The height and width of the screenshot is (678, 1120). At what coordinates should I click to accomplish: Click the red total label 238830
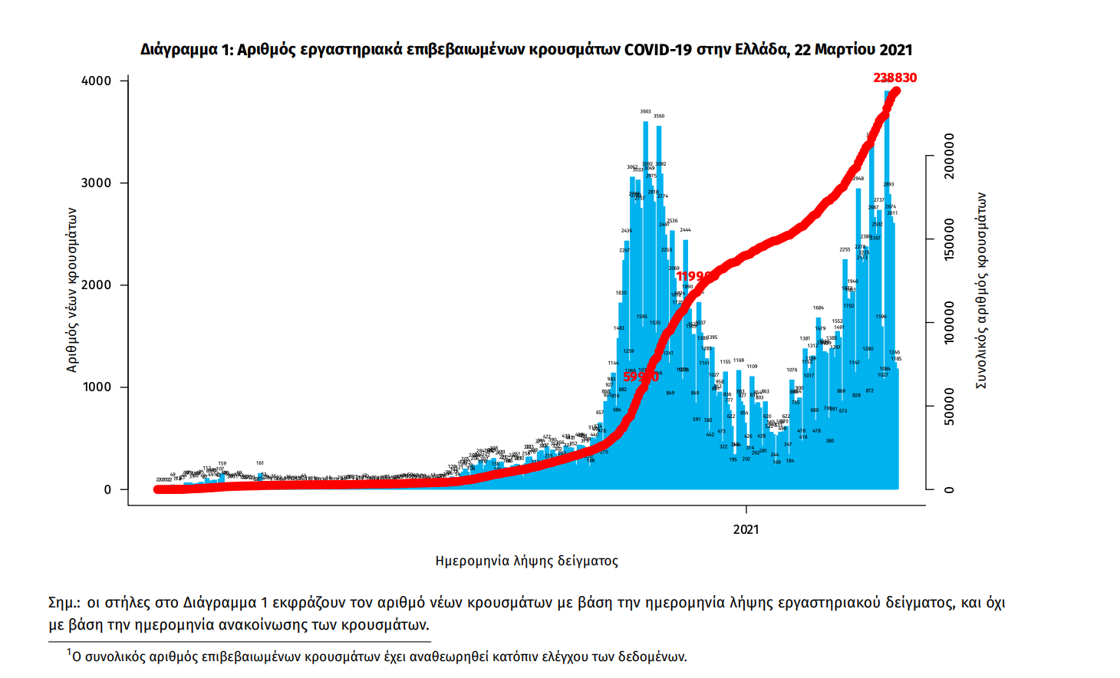[x=894, y=77]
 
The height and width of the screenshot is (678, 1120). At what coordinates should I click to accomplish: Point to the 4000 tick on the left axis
[x=97, y=81]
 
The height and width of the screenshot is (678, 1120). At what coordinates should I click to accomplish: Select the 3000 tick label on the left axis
[x=97, y=183]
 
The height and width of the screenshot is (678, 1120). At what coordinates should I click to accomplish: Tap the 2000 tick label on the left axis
[x=97, y=285]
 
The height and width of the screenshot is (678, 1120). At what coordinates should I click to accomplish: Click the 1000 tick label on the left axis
[x=97, y=387]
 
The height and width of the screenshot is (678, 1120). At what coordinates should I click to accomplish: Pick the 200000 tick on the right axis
[x=950, y=156]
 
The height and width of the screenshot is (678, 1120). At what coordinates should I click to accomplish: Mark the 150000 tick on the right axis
[x=950, y=239]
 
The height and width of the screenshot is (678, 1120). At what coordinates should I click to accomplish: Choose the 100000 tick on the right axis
[x=950, y=322]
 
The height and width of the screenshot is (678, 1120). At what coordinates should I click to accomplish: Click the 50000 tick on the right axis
[x=950, y=406]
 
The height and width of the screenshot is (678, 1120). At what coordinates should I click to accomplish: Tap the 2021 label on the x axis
[x=746, y=529]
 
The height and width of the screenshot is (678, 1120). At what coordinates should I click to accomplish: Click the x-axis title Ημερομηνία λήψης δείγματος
[x=526, y=561]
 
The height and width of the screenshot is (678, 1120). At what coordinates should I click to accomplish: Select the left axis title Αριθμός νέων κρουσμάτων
[x=72, y=290]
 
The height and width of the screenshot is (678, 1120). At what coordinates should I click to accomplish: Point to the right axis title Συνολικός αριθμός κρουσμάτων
[x=981, y=290]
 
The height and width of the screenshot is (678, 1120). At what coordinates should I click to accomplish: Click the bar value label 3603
[x=646, y=112]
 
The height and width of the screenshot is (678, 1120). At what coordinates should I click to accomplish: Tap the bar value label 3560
[x=659, y=117]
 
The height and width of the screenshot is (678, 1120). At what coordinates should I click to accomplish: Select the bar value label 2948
[x=858, y=179]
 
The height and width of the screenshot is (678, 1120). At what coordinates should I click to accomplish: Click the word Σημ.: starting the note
[x=64, y=603]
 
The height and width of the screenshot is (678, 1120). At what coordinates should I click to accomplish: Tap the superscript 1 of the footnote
[x=68, y=652]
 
